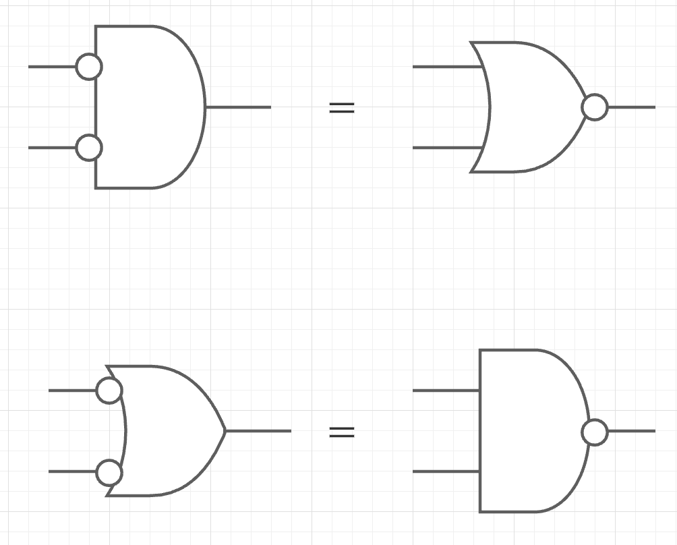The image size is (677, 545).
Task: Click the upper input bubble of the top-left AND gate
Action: click(x=89, y=67)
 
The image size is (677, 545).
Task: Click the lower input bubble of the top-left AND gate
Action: click(x=89, y=148)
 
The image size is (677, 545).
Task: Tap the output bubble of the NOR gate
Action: click(x=594, y=107)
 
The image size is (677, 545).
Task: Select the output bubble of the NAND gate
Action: click(x=594, y=432)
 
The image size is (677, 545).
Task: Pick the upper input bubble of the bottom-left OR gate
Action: click(x=109, y=390)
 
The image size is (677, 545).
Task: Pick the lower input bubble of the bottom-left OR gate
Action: click(x=109, y=472)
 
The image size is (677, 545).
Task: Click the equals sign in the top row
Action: click(x=341, y=107)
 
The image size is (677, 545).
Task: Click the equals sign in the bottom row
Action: click(x=341, y=432)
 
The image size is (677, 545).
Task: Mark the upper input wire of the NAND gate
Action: click(x=445, y=390)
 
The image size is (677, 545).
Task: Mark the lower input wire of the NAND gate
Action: click(x=445, y=471)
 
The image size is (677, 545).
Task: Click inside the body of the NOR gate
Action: click(x=533, y=107)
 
